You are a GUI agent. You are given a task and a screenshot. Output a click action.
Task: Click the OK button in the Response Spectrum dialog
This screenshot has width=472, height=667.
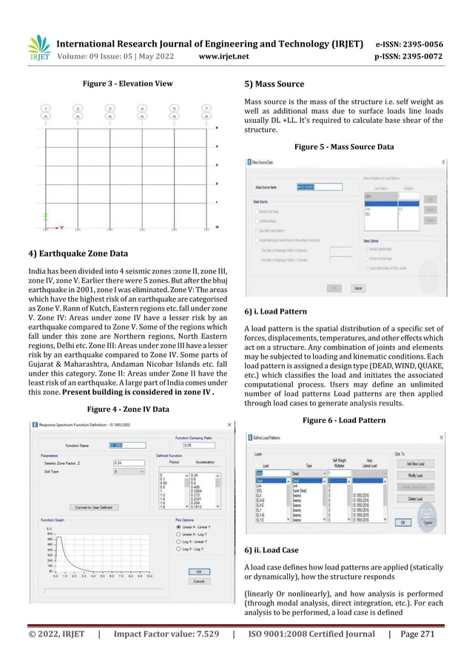click(x=198, y=571)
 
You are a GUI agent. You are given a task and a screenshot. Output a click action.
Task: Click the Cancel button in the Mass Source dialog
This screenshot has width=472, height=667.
click(x=357, y=288)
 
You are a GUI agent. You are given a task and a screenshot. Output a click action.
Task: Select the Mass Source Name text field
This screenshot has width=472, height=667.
click(x=306, y=187)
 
